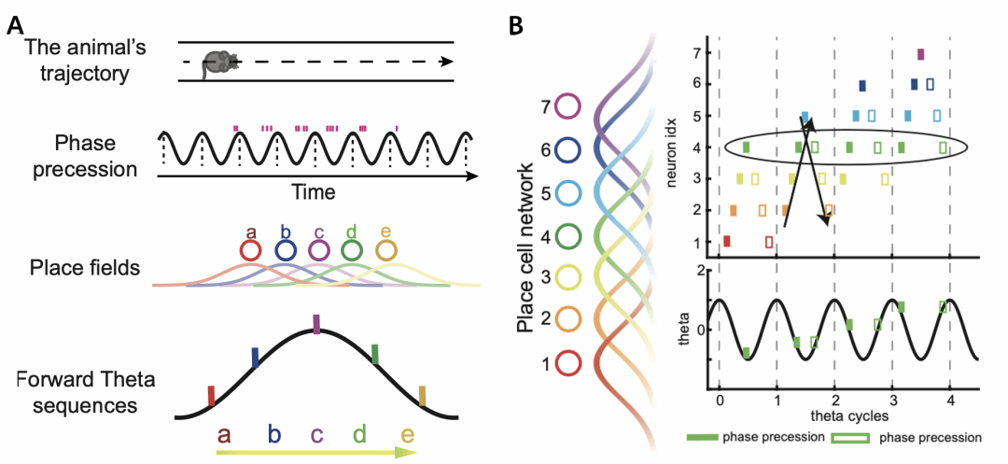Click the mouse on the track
point(220,62)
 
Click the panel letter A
point(16,25)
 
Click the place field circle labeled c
point(318,251)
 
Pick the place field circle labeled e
point(385,251)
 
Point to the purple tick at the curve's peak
point(316,324)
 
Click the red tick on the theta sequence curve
point(211,396)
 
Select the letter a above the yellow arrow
point(224,434)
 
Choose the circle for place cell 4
point(568,234)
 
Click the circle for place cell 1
point(568,361)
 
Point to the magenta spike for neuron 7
point(921,54)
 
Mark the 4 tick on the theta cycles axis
point(949,401)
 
